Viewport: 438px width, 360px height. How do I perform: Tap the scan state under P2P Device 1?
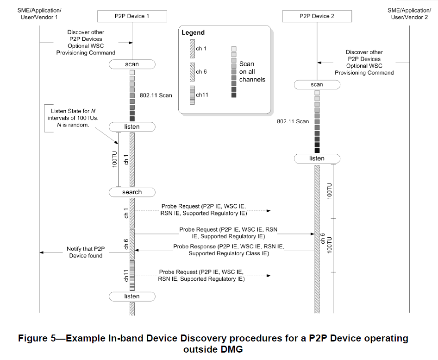(x=132, y=64)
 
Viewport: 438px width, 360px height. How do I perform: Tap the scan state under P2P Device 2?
(x=317, y=85)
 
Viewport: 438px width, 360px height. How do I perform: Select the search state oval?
(x=132, y=192)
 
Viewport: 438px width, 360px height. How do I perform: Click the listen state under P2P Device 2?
(x=317, y=158)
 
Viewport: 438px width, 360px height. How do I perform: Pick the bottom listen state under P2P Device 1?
(x=132, y=296)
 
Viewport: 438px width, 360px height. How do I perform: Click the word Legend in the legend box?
(x=193, y=33)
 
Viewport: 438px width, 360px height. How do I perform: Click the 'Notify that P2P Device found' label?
(x=86, y=252)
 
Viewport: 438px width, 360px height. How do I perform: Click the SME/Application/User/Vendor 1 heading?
(x=39, y=13)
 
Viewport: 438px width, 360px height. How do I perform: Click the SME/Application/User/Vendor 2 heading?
(x=409, y=13)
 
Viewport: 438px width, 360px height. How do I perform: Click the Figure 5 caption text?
(x=213, y=343)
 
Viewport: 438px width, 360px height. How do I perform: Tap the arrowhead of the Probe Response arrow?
(x=137, y=250)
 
